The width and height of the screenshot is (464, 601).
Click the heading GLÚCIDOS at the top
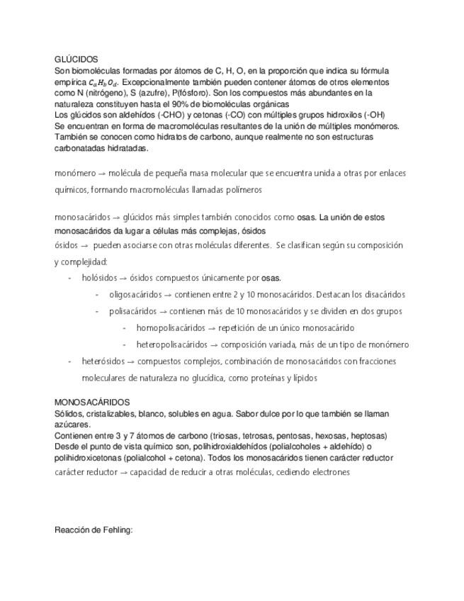76,60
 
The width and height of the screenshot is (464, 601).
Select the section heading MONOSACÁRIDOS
92,402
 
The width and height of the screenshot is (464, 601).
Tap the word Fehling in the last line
116,529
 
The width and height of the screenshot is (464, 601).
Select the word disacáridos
381,294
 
